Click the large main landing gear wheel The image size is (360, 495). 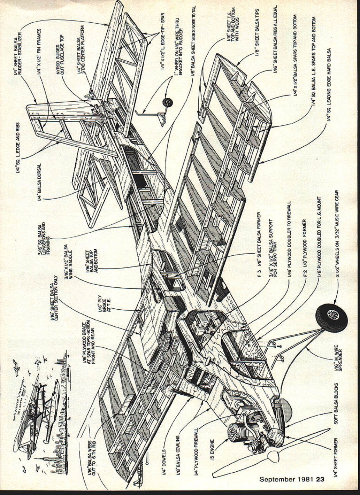pyautogui.click(x=331, y=318)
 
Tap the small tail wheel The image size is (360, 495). pyautogui.click(x=168, y=102)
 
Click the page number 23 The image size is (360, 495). pyautogui.click(x=320, y=479)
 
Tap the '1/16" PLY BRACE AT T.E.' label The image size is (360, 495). pyautogui.click(x=104, y=303)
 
